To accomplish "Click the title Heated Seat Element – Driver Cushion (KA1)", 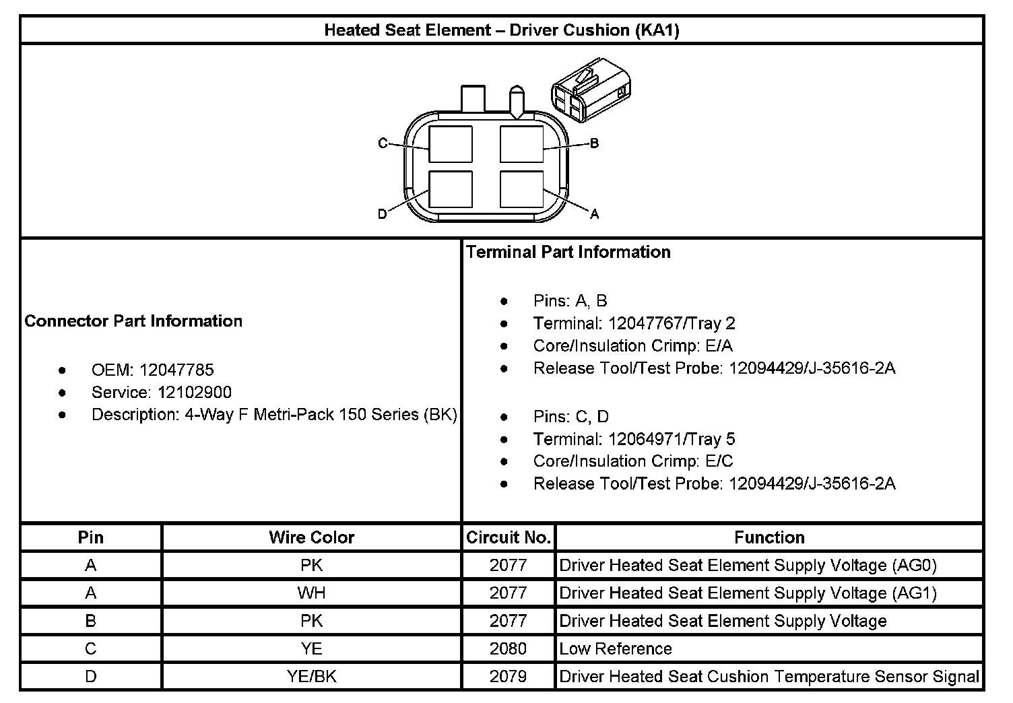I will (x=502, y=30).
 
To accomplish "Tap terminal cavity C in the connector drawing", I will (x=450, y=144).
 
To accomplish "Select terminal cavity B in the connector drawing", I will (x=521, y=144).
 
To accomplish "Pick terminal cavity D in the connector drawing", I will (x=450, y=189).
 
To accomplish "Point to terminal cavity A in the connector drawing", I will (x=521, y=189).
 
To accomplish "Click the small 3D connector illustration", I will (x=591, y=90).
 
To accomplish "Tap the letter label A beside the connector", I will (x=594, y=214).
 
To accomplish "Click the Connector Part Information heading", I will (x=133, y=321).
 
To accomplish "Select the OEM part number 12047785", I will (x=176, y=370).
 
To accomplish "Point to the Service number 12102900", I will (x=195, y=393).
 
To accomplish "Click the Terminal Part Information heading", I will (x=568, y=252).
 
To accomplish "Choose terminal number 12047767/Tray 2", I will (x=671, y=323).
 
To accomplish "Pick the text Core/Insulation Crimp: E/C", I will (x=632, y=461).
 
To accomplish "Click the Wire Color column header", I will (x=311, y=537).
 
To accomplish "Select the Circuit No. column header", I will (x=509, y=537).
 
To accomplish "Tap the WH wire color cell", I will (x=311, y=593).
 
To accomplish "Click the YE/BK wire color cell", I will (x=311, y=676).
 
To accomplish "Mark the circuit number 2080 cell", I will (x=509, y=648).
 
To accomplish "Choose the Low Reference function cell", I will (x=616, y=648).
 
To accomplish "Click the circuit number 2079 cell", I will (x=509, y=676).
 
